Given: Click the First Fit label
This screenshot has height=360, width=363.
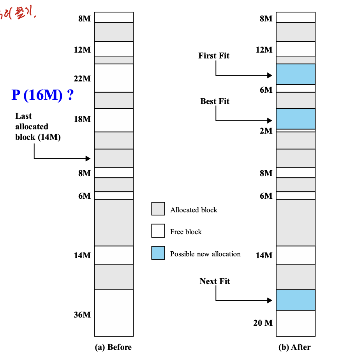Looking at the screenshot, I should (214, 56).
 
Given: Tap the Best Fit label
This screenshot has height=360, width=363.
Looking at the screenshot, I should (215, 101).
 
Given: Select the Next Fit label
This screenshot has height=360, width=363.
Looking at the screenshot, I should (215, 281).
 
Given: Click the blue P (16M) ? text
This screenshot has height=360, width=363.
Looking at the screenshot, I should (42, 95).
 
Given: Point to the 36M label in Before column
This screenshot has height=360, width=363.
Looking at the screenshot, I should (82, 315).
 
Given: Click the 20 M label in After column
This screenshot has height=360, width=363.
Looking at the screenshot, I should (263, 323).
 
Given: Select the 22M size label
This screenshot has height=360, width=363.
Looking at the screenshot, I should (82, 79).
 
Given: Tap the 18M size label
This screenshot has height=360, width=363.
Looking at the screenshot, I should (82, 119).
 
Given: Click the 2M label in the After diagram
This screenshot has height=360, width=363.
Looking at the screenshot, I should (266, 131).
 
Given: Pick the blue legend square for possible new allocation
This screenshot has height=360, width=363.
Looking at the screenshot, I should (158, 253).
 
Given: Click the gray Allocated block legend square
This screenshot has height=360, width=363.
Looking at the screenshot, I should (158, 209).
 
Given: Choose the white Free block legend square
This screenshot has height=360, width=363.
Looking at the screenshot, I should (158, 231).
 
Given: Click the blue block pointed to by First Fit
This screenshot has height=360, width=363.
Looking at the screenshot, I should (296, 74).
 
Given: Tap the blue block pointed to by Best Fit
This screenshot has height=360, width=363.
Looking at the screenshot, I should (296, 119).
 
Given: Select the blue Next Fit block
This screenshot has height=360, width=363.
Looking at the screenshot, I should (296, 300).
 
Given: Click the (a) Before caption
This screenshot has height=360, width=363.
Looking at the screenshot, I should (113, 347).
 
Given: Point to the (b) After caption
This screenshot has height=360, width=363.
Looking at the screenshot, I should (295, 347).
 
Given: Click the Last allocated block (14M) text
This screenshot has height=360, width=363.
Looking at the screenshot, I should (38, 127).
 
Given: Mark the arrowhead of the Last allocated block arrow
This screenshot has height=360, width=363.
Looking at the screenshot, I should (88, 159).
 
